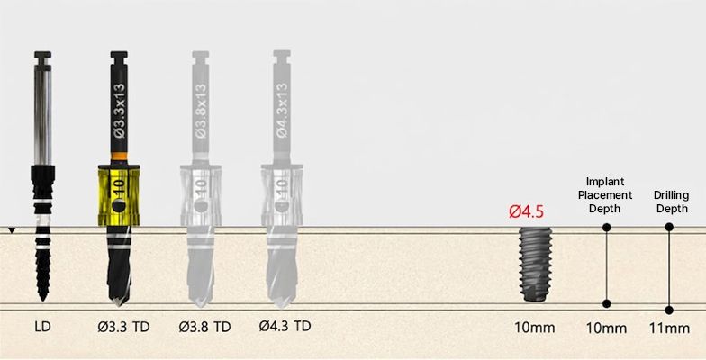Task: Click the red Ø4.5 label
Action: click(526, 211)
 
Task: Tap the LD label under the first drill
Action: click(42, 327)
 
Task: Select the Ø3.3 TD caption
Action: click(123, 327)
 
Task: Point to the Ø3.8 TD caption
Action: click(204, 327)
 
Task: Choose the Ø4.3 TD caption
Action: click(285, 326)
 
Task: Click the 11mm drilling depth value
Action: click(669, 328)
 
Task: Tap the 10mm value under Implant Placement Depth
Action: click(606, 328)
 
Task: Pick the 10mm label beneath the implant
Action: click(535, 328)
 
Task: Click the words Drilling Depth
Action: click(671, 202)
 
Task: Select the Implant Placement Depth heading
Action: click(605, 195)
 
